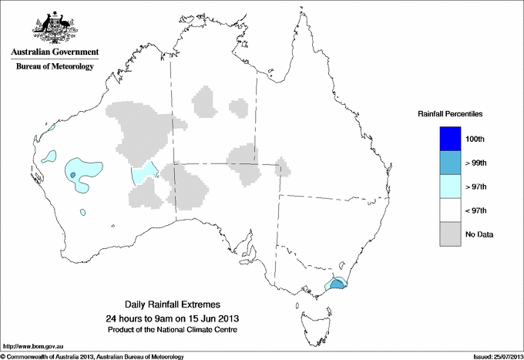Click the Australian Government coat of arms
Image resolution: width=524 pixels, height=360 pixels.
click(52, 26)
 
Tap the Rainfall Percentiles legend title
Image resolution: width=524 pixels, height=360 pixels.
click(450, 113)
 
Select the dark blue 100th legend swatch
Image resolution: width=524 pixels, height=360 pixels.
click(450, 139)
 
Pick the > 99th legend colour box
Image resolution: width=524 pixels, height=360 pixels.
click(450, 163)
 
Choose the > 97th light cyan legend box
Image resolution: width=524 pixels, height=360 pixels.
click(450, 187)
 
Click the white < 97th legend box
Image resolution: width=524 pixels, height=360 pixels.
click(450, 210)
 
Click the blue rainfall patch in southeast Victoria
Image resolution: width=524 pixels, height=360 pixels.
click(338, 285)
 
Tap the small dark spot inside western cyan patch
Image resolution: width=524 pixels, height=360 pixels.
click(73, 175)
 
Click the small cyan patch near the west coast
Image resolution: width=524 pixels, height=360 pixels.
click(49, 157)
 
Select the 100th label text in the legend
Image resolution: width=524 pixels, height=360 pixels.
click(476, 139)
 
